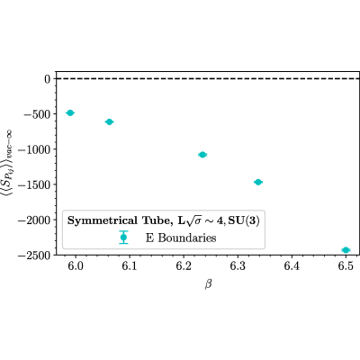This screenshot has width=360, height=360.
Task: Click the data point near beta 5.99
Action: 70,112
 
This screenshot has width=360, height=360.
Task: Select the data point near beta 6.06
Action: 109,121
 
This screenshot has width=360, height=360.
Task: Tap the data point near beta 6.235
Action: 202,155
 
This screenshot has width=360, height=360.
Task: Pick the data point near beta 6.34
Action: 258,182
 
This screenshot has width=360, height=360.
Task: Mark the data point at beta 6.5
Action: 346,250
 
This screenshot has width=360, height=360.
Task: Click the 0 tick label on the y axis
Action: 48,79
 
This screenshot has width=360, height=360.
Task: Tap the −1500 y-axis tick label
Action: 34,184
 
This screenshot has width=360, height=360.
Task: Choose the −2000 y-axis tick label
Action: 34,220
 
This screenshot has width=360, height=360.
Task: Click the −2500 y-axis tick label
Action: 34,256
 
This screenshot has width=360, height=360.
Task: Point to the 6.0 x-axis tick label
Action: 76,265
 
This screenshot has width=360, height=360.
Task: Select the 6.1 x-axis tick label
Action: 130,265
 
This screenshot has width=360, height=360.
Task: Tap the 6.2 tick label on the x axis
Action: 184,265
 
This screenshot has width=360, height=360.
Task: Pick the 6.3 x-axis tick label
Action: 238,265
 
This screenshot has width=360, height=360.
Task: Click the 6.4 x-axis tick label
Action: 292,265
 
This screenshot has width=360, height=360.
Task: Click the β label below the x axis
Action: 208,283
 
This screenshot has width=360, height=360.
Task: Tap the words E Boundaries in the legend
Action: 181,238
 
